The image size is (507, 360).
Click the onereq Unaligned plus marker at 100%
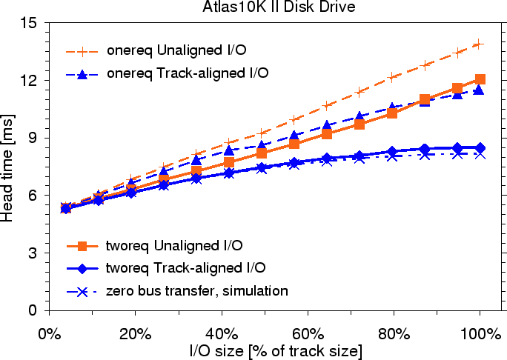point(480,44)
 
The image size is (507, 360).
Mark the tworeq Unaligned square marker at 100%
point(480,79)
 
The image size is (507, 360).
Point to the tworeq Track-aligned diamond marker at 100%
point(480,148)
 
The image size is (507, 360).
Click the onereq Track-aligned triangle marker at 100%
point(480,90)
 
